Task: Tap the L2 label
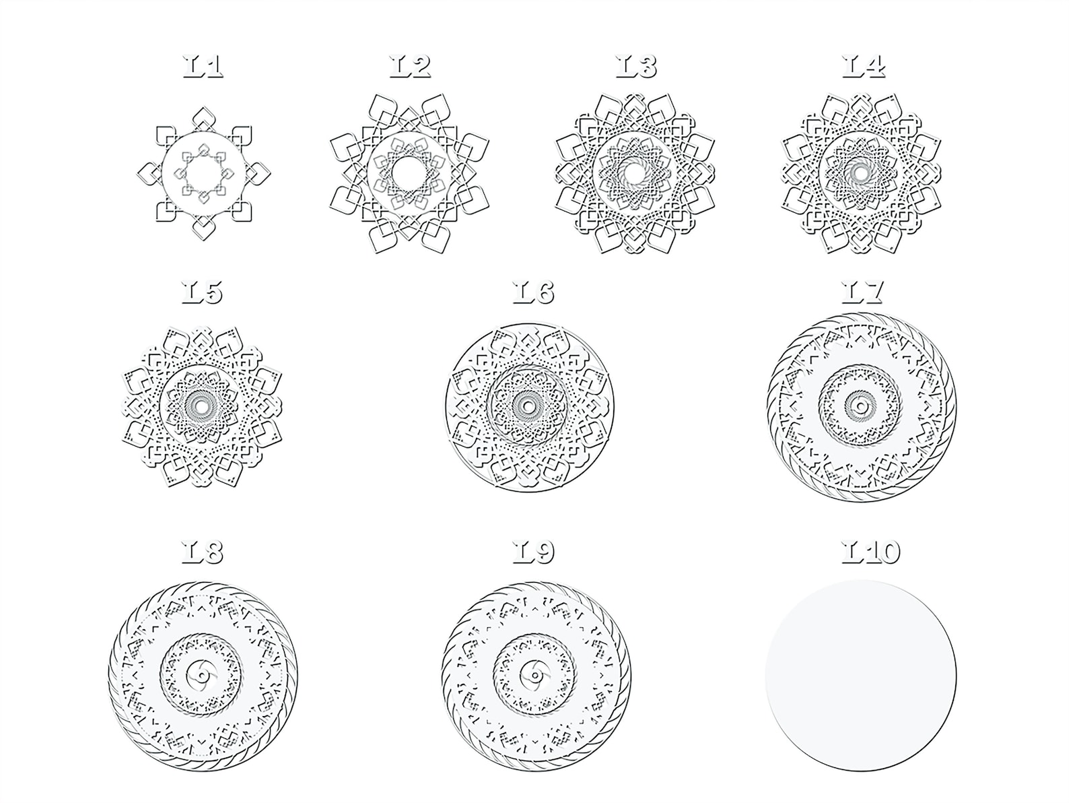pyautogui.click(x=410, y=66)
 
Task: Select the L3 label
pyautogui.click(x=636, y=66)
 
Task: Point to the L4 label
pyautogui.click(x=864, y=66)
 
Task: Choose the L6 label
pyautogui.click(x=533, y=292)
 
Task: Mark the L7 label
pyautogui.click(x=862, y=292)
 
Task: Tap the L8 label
pyautogui.click(x=202, y=552)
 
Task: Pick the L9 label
pyautogui.click(x=533, y=552)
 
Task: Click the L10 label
pyautogui.click(x=870, y=552)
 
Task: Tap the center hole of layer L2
pyautogui.click(x=409, y=173)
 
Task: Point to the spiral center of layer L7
pyautogui.click(x=860, y=406)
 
